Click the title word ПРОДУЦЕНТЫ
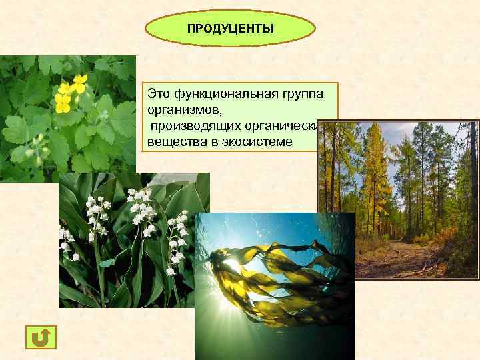[229, 29]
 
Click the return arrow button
[41, 337]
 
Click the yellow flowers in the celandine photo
[70, 93]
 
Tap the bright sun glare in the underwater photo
[230, 267]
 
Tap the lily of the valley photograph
[127, 240]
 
